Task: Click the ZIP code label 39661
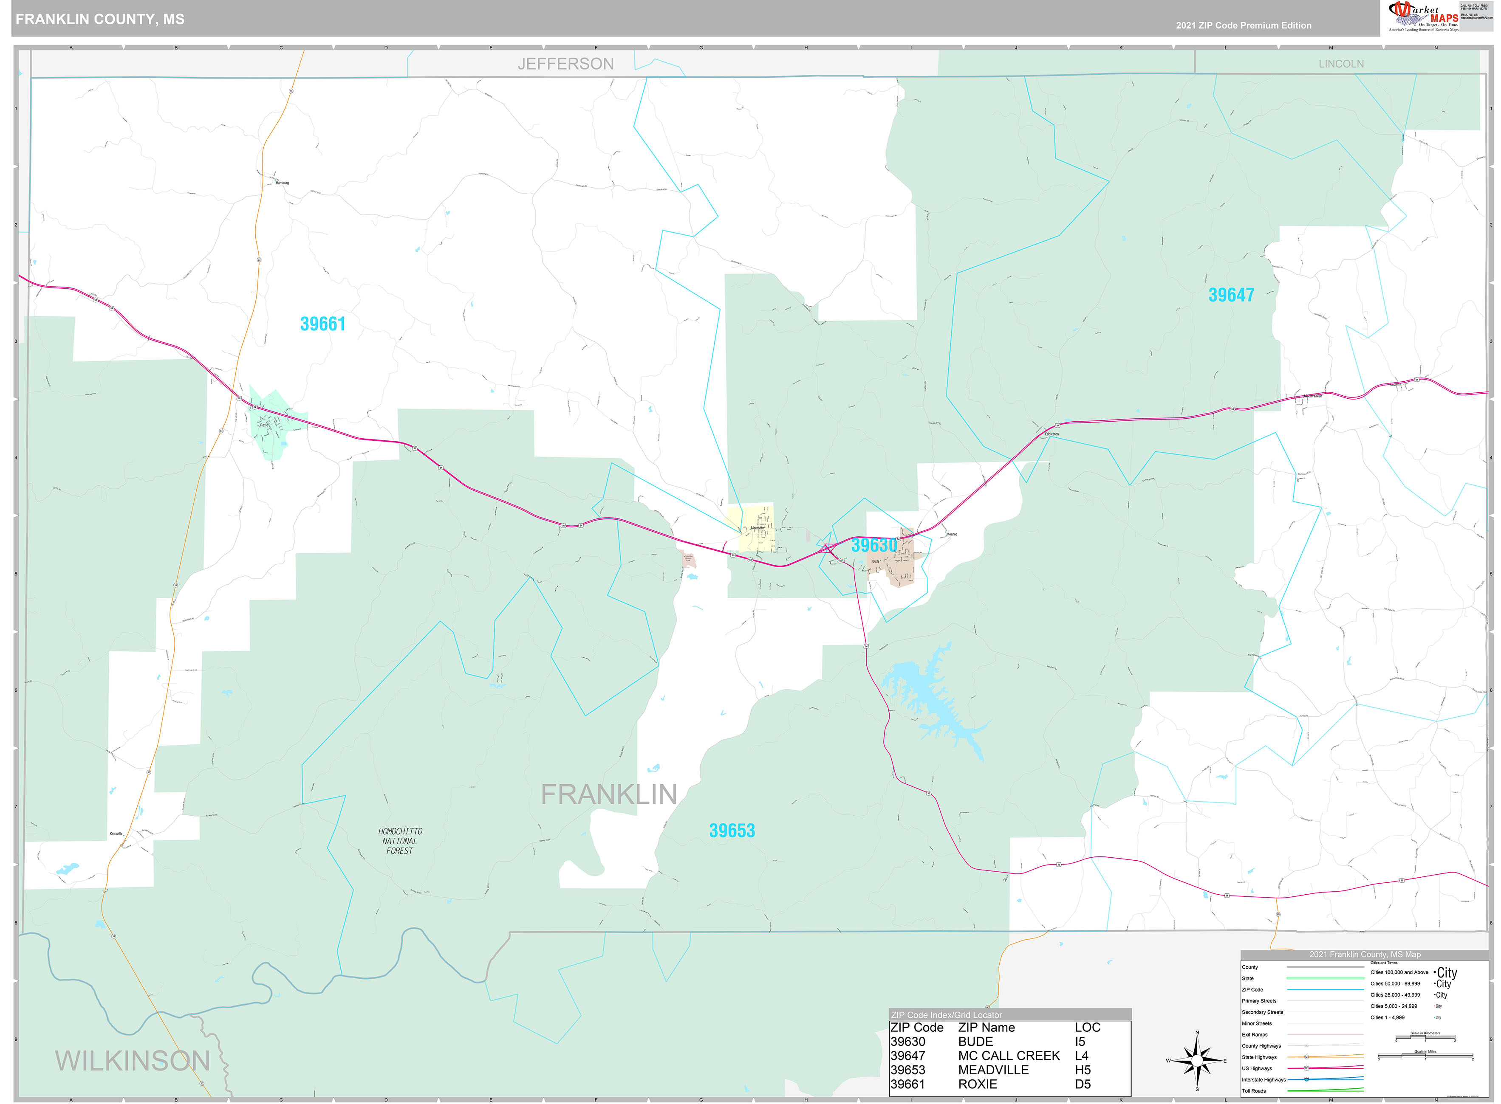[322, 324]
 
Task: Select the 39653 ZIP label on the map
[732, 831]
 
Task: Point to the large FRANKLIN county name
[608, 794]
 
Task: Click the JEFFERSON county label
[565, 64]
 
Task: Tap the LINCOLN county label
[1340, 64]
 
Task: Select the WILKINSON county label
[133, 1061]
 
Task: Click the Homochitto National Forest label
[400, 841]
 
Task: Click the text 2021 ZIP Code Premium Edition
[1243, 25]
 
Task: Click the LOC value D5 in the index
[1083, 1084]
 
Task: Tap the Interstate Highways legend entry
[1264, 1079]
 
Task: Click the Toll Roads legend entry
[1254, 1091]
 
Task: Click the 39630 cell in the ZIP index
[907, 1042]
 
